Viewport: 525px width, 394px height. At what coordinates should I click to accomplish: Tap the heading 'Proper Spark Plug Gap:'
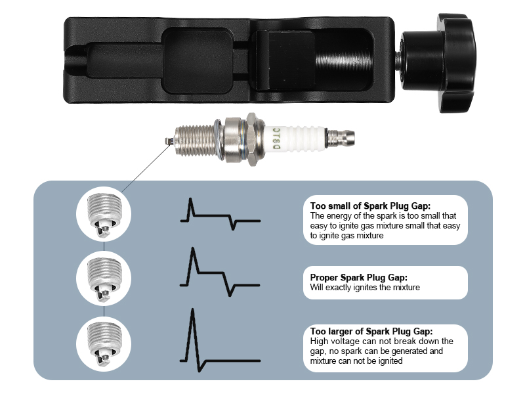click(x=362, y=277)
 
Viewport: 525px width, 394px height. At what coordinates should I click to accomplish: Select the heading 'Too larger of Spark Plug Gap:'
click(x=371, y=331)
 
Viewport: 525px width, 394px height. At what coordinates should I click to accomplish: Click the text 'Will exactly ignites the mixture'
click(x=364, y=287)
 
